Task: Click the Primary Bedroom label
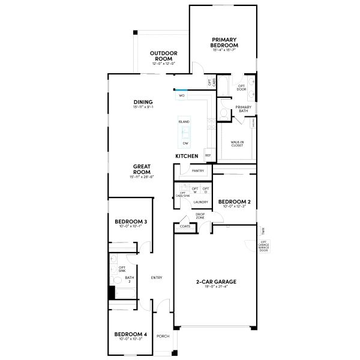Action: click(224, 43)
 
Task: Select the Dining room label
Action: click(143, 102)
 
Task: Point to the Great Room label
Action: click(142, 169)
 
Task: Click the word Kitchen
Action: click(187, 156)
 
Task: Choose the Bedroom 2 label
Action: click(234, 202)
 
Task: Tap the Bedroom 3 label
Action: click(130, 222)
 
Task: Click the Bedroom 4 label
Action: click(130, 334)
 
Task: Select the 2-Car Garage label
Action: click(216, 281)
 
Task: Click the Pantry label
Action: click(198, 171)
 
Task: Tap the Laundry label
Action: click(200, 202)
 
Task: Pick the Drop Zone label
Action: click(200, 215)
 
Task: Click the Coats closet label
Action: click(185, 226)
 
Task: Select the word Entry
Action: click(157, 277)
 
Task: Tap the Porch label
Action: click(163, 336)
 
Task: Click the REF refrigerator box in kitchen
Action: click(208, 155)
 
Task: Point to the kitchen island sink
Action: click(185, 132)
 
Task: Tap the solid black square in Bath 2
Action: click(111, 293)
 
